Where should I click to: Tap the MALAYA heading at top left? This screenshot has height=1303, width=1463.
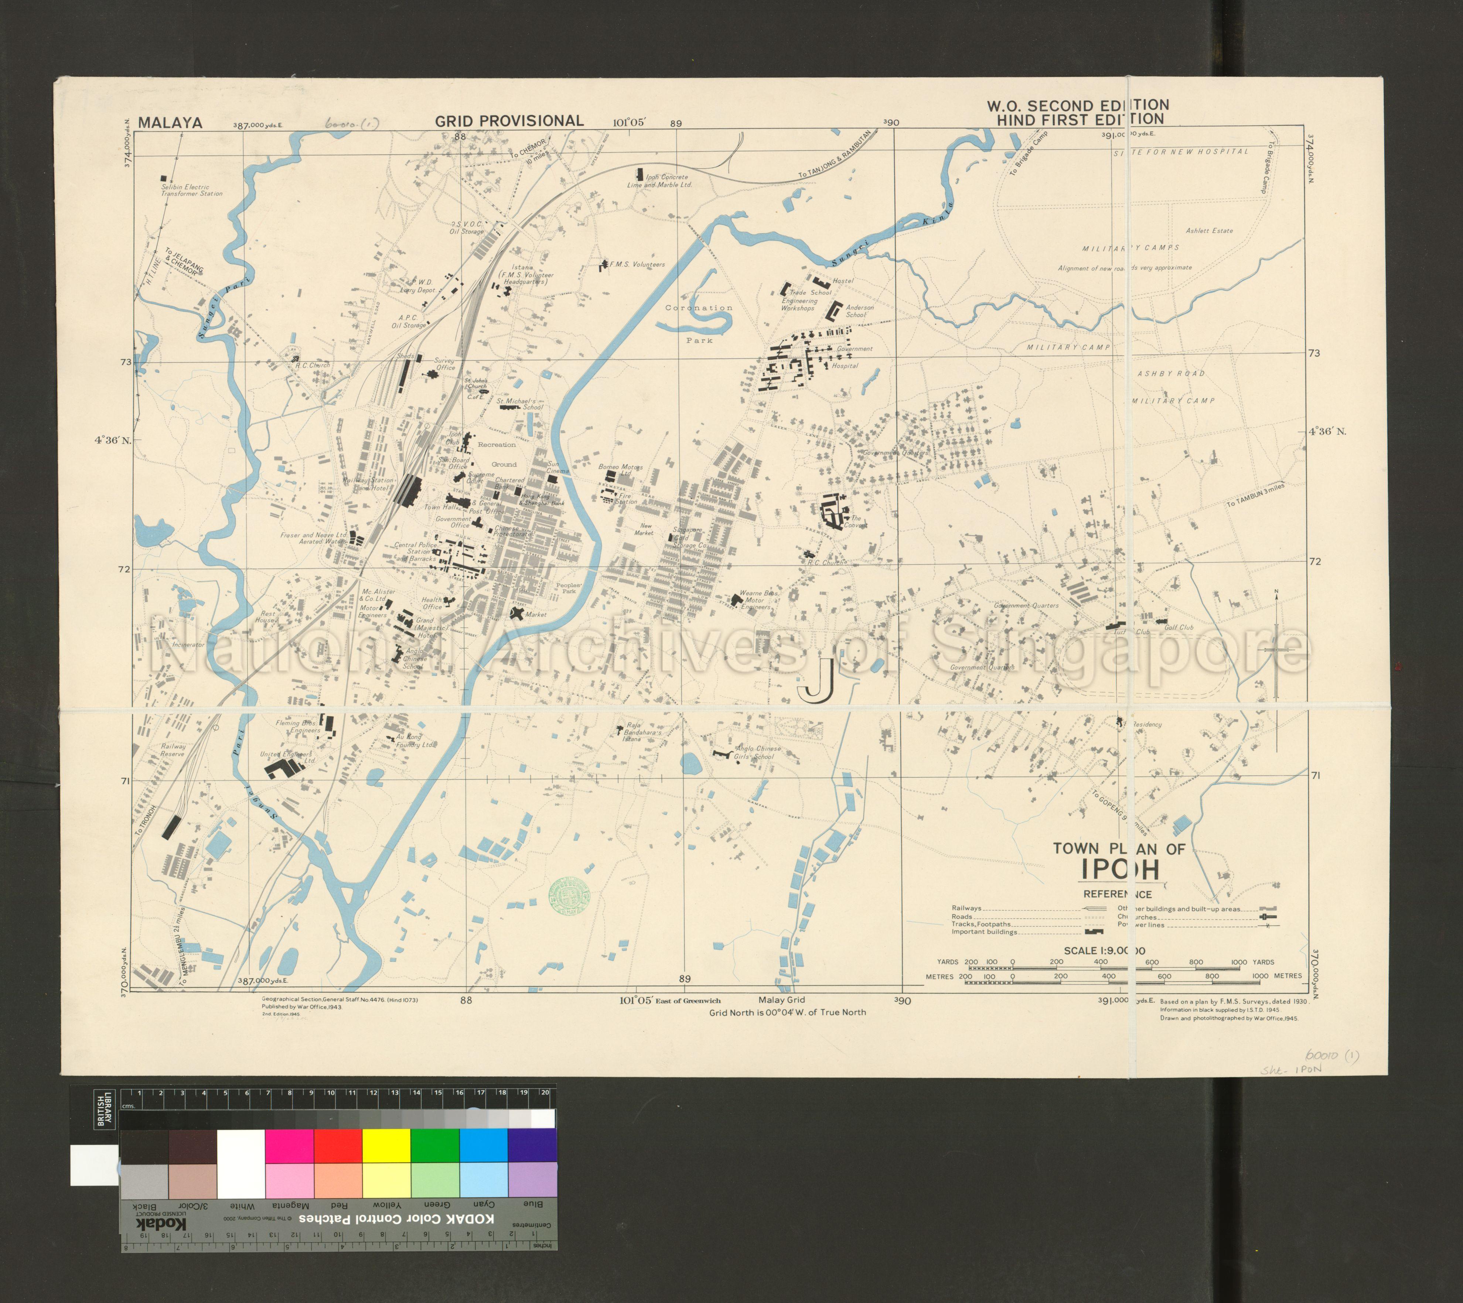(x=170, y=122)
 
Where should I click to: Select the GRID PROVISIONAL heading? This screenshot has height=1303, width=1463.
(x=509, y=121)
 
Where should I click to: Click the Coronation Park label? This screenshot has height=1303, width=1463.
(x=699, y=324)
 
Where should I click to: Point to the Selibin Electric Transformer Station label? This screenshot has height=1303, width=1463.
(x=191, y=191)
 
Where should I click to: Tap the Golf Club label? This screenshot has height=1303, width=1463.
(x=1179, y=627)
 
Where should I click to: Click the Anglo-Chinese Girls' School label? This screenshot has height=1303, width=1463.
(x=758, y=752)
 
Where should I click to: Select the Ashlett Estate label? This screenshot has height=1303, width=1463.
(x=1209, y=230)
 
